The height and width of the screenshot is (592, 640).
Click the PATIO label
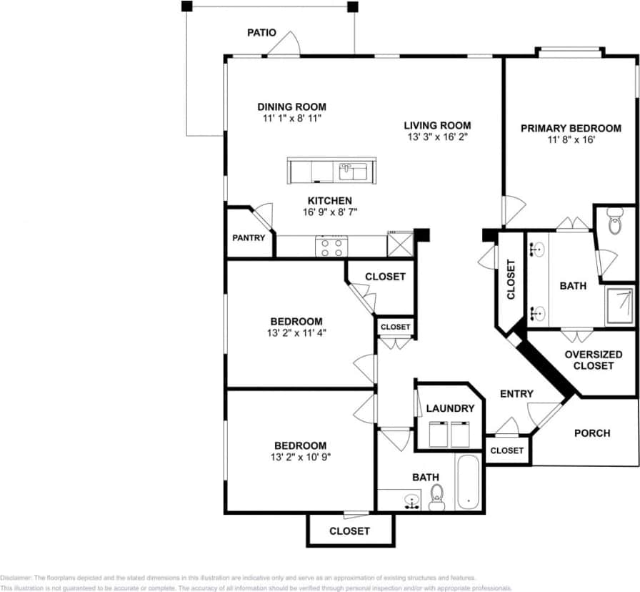[x=261, y=33]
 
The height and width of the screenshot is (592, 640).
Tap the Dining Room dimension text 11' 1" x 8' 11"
[x=291, y=119]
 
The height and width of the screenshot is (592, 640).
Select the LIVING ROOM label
[x=437, y=125]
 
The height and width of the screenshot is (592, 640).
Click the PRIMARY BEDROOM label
[x=570, y=128]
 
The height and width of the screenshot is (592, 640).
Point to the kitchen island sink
[x=353, y=172]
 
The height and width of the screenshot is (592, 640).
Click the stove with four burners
[x=331, y=247]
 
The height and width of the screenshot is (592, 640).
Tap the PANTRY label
[x=249, y=238]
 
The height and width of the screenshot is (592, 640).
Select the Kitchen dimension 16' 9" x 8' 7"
[x=329, y=212]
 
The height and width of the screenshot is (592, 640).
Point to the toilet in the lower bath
[x=437, y=495]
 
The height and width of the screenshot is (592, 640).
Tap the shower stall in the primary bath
[x=619, y=306]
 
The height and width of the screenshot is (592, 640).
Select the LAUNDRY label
[x=450, y=408]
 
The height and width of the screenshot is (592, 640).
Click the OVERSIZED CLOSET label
[x=593, y=360]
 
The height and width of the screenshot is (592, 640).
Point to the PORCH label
[x=592, y=433]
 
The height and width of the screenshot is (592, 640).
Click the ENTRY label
[x=516, y=393]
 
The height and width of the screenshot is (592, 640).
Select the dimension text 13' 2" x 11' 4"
[x=296, y=332]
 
